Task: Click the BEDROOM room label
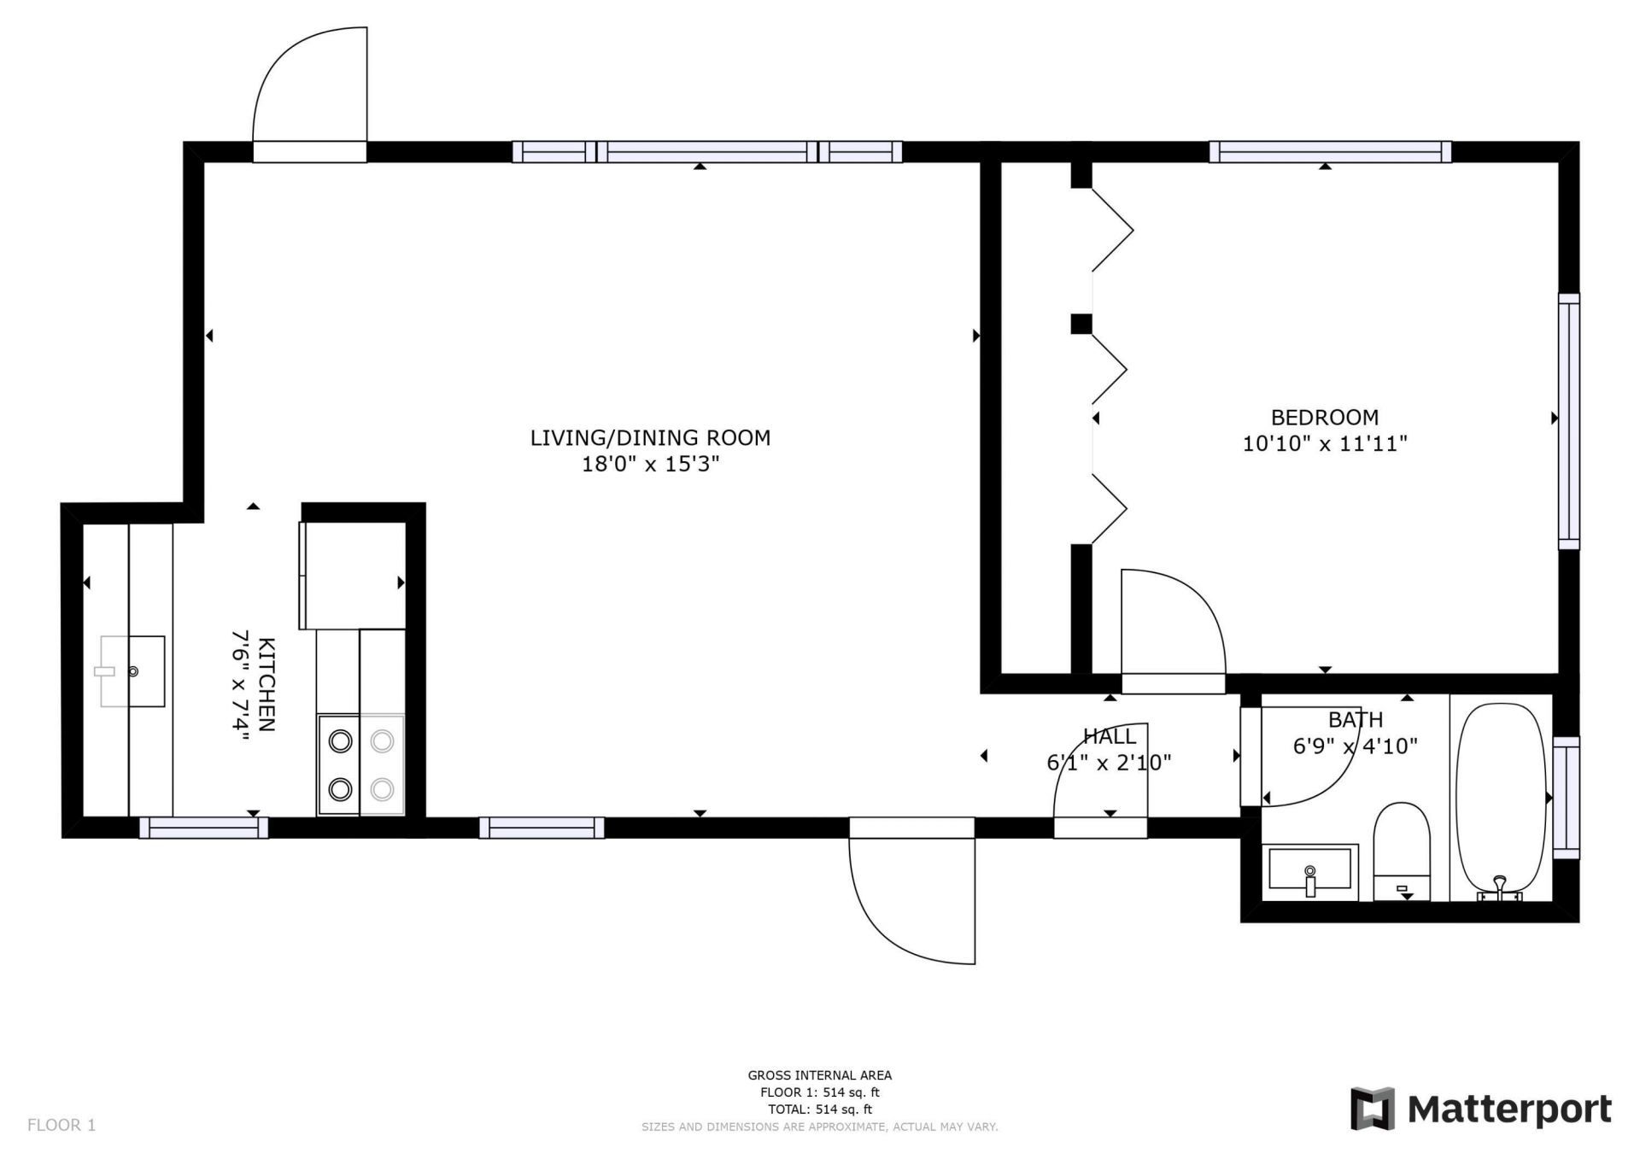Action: point(1324,418)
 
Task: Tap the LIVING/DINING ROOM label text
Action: point(650,438)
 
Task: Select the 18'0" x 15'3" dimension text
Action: point(650,465)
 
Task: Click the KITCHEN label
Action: point(266,684)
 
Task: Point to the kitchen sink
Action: point(132,671)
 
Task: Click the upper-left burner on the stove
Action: point(340,741)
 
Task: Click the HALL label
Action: point(1110,736)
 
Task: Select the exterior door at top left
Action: point(309,90)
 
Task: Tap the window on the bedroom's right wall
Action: point(1568,421)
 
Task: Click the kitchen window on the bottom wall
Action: point(203,828)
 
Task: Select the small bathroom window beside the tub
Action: point(1566,797)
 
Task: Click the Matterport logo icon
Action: point(1372,1109)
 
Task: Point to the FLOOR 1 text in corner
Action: point(61,1125)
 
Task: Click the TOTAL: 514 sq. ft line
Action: point(819,1109)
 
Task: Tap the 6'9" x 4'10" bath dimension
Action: point(1355,746)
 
